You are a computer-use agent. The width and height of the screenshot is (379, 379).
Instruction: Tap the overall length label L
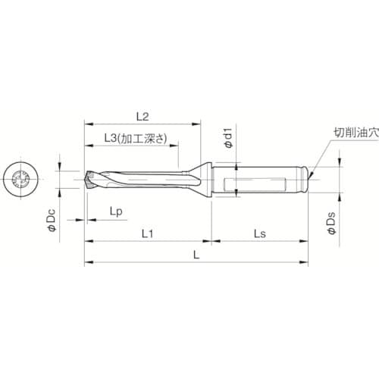point(196,256)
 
